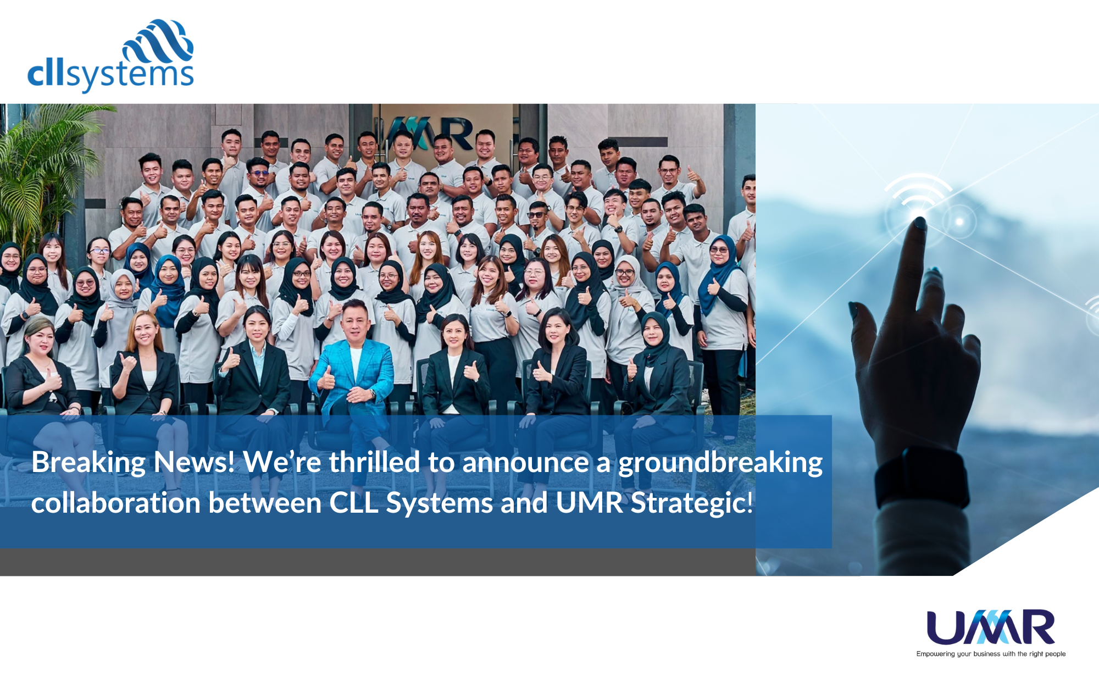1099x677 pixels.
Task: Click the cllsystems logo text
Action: [110, 75]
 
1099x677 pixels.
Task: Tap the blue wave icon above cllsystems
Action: [158, 42]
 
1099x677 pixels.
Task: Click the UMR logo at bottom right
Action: [991, 626]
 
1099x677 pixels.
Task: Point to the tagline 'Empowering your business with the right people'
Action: [991, 654]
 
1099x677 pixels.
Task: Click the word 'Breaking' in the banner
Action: [88, 463]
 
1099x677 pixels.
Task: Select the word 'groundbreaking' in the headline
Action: [720, 463]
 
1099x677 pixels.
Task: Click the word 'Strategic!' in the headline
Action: [692, 503]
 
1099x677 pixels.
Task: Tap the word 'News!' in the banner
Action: [195, 463]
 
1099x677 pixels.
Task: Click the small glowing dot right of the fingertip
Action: [959, 221]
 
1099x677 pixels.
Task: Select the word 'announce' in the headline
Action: [526, 463]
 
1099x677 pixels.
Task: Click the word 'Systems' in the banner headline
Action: [440, 503]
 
